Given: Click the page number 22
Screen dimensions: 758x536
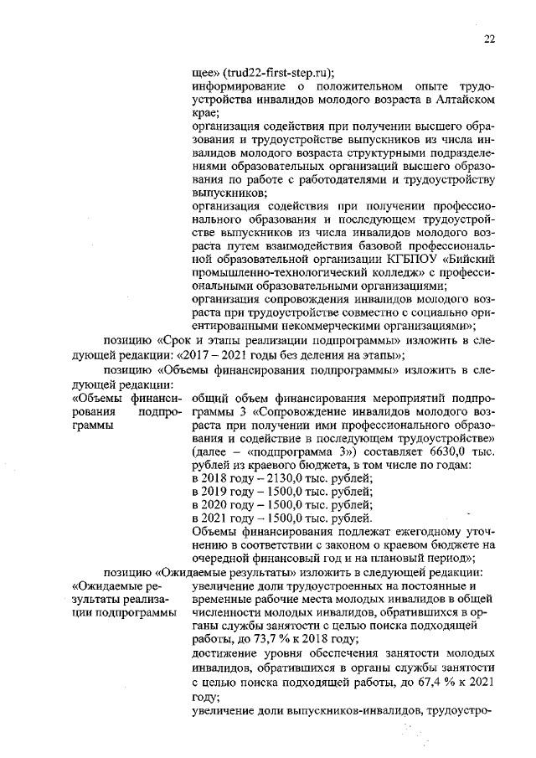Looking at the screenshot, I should point(490,38).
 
